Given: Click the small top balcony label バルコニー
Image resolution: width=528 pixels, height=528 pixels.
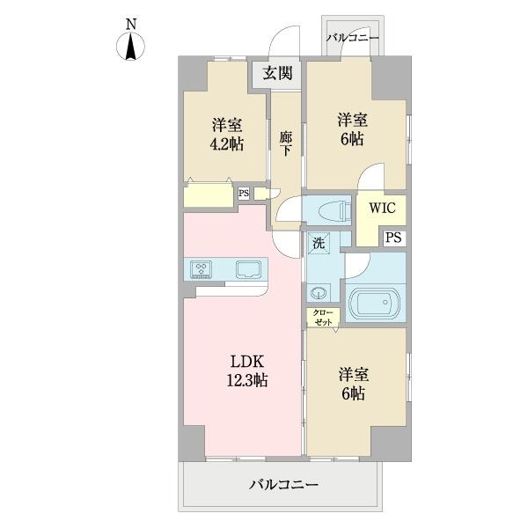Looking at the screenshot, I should pyautogui.click(x=353, y=39).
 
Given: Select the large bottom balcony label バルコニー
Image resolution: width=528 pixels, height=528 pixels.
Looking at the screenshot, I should pyautogui.click(x=282, y=483).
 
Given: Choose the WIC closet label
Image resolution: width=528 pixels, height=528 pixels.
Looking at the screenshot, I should pyautogui.click(x=381, y=209).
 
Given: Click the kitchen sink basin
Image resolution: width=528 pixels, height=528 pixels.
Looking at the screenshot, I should pyautogui.click(x=246, y=269).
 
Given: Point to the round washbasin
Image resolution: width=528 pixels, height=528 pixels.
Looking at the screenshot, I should pyautogui.click(x=319, y=293).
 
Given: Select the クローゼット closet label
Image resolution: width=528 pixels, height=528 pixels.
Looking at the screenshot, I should pyautogui.click(x=322, y=318).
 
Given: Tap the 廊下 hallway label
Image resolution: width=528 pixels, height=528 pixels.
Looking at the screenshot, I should pyautogui.click(x=286, y=143).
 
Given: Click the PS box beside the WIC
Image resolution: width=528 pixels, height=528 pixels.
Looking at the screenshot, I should pyautogui.click(x=394, y=237).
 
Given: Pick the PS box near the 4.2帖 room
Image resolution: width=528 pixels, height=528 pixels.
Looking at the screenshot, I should pyautogui.click(x=244, y=194).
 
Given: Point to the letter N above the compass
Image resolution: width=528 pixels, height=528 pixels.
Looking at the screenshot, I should pyautogui.click(x=131, y=23).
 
